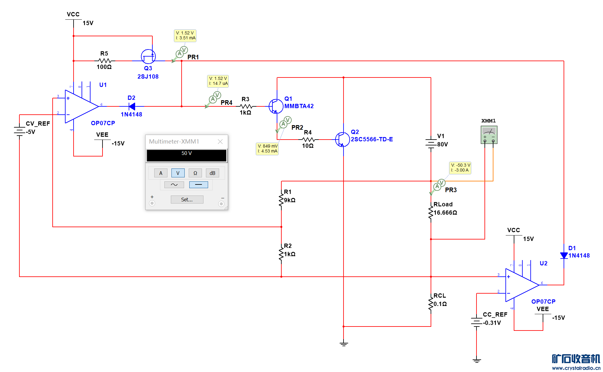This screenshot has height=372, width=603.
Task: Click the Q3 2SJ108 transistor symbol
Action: pos(148,57)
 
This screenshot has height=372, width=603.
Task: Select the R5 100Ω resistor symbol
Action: pos(105,61)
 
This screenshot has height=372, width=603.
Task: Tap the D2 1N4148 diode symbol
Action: pos(132,106)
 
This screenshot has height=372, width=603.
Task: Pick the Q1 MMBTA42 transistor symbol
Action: pos(276,106)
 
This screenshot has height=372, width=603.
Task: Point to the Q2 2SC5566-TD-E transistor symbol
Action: pos(342,139)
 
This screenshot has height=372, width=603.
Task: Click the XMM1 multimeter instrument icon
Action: pos(489,135)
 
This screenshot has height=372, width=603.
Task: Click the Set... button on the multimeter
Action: pos(187,200)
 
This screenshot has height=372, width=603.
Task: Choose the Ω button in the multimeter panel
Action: pos(195,173)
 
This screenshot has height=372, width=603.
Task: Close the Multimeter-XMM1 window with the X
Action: pos(220,141)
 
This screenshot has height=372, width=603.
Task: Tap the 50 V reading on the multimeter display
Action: pos(187,153)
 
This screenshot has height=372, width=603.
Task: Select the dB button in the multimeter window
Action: pos(212,173)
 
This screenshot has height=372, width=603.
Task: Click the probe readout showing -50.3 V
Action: pos(460,168)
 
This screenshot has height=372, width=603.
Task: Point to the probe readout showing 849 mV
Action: pos(267,149)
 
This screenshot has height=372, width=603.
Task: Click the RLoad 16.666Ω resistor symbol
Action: pos(431,212)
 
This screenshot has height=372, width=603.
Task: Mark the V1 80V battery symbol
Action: pos(431,144)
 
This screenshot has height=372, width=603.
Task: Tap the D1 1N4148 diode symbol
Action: pos(564,255)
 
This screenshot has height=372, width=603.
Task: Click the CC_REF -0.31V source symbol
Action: pos(476,322)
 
